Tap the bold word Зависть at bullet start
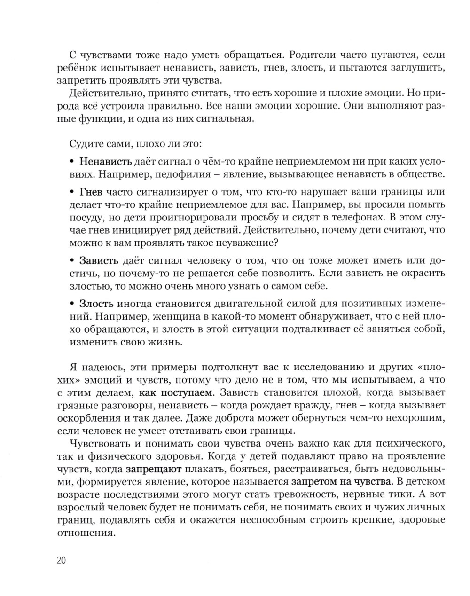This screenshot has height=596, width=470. click(99, 260)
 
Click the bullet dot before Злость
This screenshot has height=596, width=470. click(72, 304)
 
